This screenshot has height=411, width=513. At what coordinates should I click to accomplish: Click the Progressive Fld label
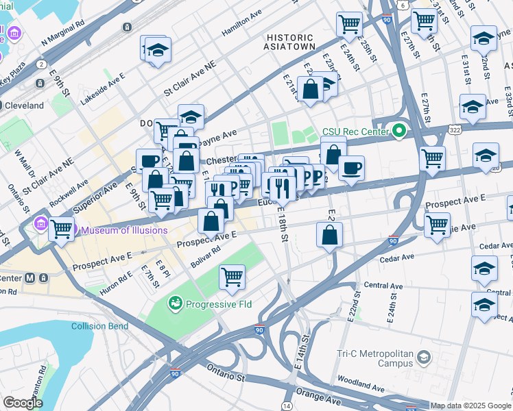click(x=215, y=302)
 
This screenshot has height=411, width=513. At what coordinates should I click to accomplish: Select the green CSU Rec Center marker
click(x=398, y=130)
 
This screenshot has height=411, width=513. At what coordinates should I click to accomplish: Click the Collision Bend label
click(x=99, y=326)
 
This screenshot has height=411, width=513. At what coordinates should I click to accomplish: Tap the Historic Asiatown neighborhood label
click(x=290, y=42)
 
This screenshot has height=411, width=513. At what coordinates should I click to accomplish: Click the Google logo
click(x=22, y=403)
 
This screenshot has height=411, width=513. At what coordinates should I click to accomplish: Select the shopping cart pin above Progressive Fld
click(x=232, y=277)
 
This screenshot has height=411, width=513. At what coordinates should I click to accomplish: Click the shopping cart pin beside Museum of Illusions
click(x=62, y=228)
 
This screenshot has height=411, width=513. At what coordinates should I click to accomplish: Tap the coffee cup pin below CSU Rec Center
click(x=351, y=168)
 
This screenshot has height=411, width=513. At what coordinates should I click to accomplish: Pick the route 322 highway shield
click(x=454, y=129)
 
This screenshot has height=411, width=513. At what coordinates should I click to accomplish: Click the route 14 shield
click(x=286, y=406)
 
